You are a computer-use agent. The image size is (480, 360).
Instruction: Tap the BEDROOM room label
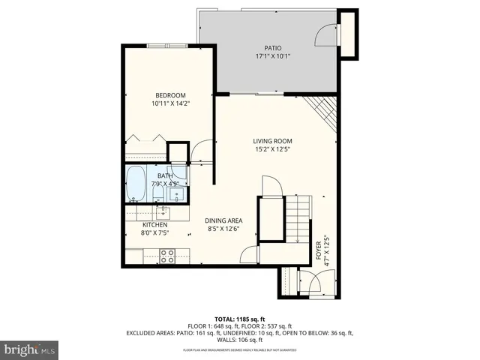click(x=170, y=95)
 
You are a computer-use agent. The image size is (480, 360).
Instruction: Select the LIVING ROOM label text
click(x=271, y=141)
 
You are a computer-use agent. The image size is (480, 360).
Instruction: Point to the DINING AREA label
click(x=224, y=220)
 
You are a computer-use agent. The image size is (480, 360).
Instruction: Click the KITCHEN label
click(x=154, y=224)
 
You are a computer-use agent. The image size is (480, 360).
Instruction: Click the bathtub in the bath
click(x=136, y=184)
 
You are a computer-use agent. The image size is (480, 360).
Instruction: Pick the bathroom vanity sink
click(x=177, y=195)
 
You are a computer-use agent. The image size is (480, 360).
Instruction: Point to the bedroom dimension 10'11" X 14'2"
click(x=170, y=104)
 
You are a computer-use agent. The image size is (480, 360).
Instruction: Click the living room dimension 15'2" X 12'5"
click(x=271, y=149)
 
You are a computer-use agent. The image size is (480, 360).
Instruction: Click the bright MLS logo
click(x=29, y=349)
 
